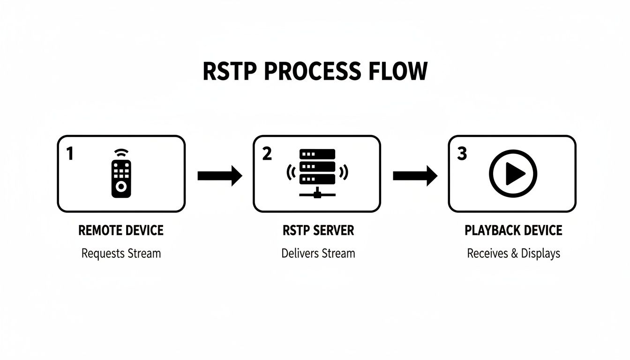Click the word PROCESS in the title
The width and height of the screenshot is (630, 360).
coord(312,72)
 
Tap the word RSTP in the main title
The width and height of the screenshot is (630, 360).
coord(229,72)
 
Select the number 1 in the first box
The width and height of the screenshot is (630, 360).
coord(70,153)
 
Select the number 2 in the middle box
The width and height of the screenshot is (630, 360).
coord(267,153)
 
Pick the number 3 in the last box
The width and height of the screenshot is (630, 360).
coord(462,153)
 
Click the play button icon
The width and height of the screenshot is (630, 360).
coord(513,174)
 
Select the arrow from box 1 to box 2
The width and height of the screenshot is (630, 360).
coord(219,176)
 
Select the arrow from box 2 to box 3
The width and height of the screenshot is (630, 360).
coord(415,176)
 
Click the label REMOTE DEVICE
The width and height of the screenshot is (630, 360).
coord(121,231)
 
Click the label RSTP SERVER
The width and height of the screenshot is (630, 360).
coord(318,231)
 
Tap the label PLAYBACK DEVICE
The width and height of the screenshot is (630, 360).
coord(513,231)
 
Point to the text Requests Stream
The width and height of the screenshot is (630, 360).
coord(121,254)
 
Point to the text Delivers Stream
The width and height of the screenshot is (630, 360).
coord(318,254)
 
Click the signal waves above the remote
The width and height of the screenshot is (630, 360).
coord(121,153)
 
